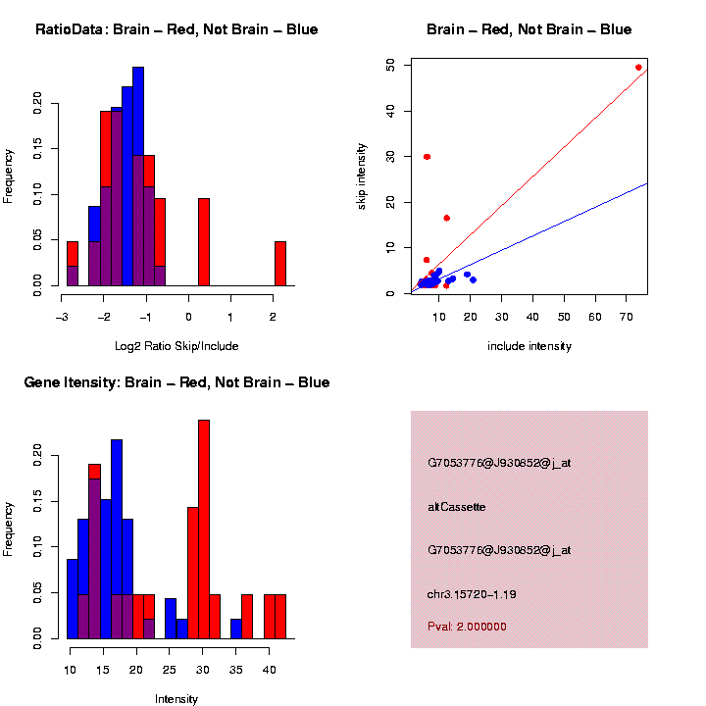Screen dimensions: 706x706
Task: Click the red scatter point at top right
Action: pos(638,68)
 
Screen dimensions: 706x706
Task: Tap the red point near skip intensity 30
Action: pos(427,157)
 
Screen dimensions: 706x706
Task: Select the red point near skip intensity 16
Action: pos(446,218)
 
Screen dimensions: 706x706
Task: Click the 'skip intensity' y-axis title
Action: pos(362,176)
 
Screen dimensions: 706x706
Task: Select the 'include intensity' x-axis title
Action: pos(529,346)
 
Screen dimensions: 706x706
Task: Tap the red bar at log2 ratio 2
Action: pos(279,263)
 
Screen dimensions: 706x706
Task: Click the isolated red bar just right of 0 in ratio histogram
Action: pos(204,241)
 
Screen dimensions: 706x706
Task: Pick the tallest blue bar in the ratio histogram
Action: pos(138,176)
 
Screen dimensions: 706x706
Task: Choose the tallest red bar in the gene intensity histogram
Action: pos(204,529)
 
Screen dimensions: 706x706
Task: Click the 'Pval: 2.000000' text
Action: pos(467,627)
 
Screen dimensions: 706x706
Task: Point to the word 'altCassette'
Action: pos(457,507)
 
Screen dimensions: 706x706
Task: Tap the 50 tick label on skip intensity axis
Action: pos(391,65)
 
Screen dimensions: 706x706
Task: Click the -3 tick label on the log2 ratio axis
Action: pos(61,317)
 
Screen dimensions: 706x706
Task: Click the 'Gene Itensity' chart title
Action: pos(176,382)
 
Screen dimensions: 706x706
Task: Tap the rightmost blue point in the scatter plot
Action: pos(473,279)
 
